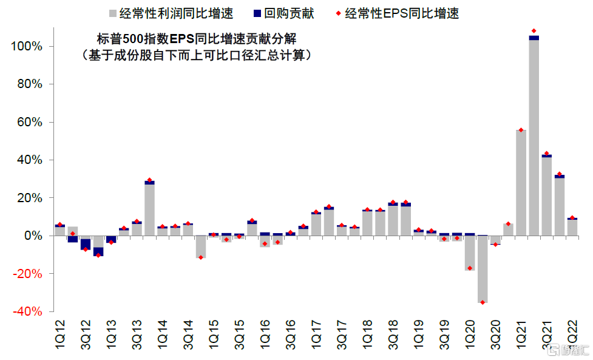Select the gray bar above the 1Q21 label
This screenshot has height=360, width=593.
521,182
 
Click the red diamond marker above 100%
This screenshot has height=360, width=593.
534,31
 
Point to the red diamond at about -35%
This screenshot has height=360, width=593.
483,302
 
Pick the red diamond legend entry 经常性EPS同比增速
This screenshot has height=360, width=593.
401,13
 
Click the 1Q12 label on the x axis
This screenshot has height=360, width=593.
60,334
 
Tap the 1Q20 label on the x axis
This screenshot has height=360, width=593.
470,334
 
